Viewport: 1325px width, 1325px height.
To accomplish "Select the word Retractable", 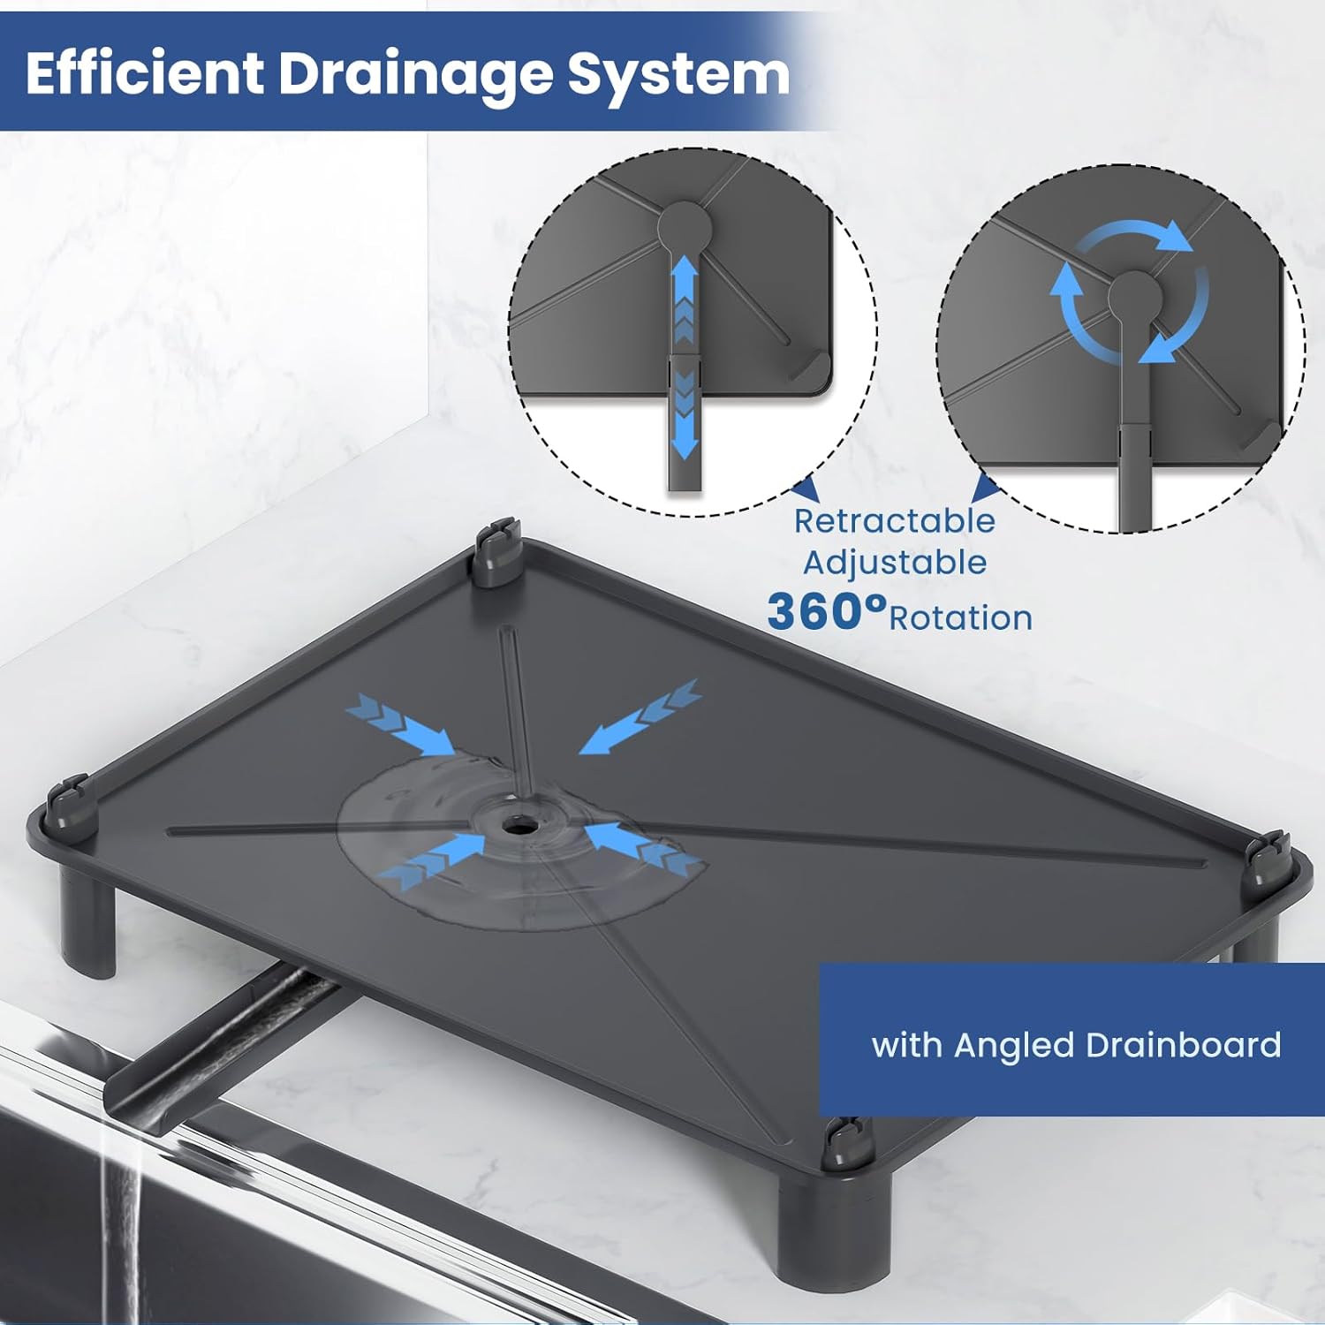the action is (894, 521).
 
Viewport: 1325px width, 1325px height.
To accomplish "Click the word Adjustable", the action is (894, 564).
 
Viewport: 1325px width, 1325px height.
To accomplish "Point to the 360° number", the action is (826, 611).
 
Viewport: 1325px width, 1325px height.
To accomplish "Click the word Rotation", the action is (961, 618).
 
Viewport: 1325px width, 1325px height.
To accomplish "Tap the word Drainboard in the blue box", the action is (1183, 1045).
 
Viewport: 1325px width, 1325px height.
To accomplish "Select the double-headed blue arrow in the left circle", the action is (684, 358).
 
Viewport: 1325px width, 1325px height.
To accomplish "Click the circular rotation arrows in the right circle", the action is (1128, 291).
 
